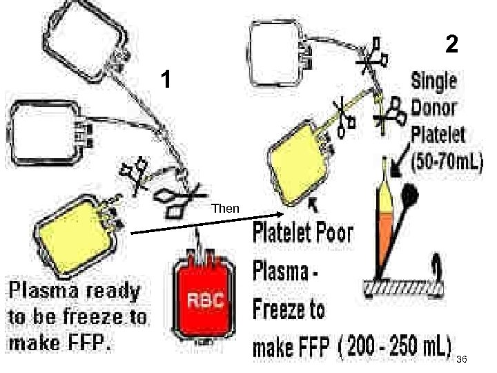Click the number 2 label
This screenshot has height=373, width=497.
point(451,45)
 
